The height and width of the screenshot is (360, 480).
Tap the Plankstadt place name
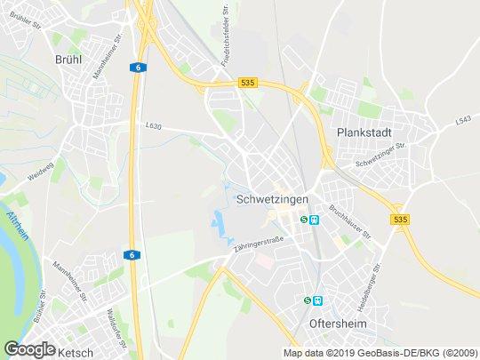365,132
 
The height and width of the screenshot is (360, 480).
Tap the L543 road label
461,120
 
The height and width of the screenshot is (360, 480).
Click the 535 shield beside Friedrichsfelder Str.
247,83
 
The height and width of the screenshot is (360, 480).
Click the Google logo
29,349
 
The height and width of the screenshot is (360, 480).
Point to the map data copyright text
380,353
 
